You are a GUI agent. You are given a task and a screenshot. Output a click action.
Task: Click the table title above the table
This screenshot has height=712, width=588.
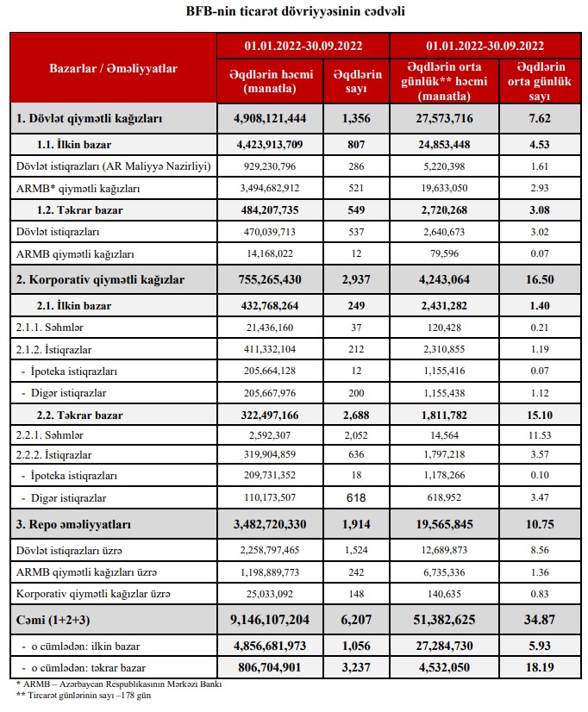[x=295, y=12]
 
